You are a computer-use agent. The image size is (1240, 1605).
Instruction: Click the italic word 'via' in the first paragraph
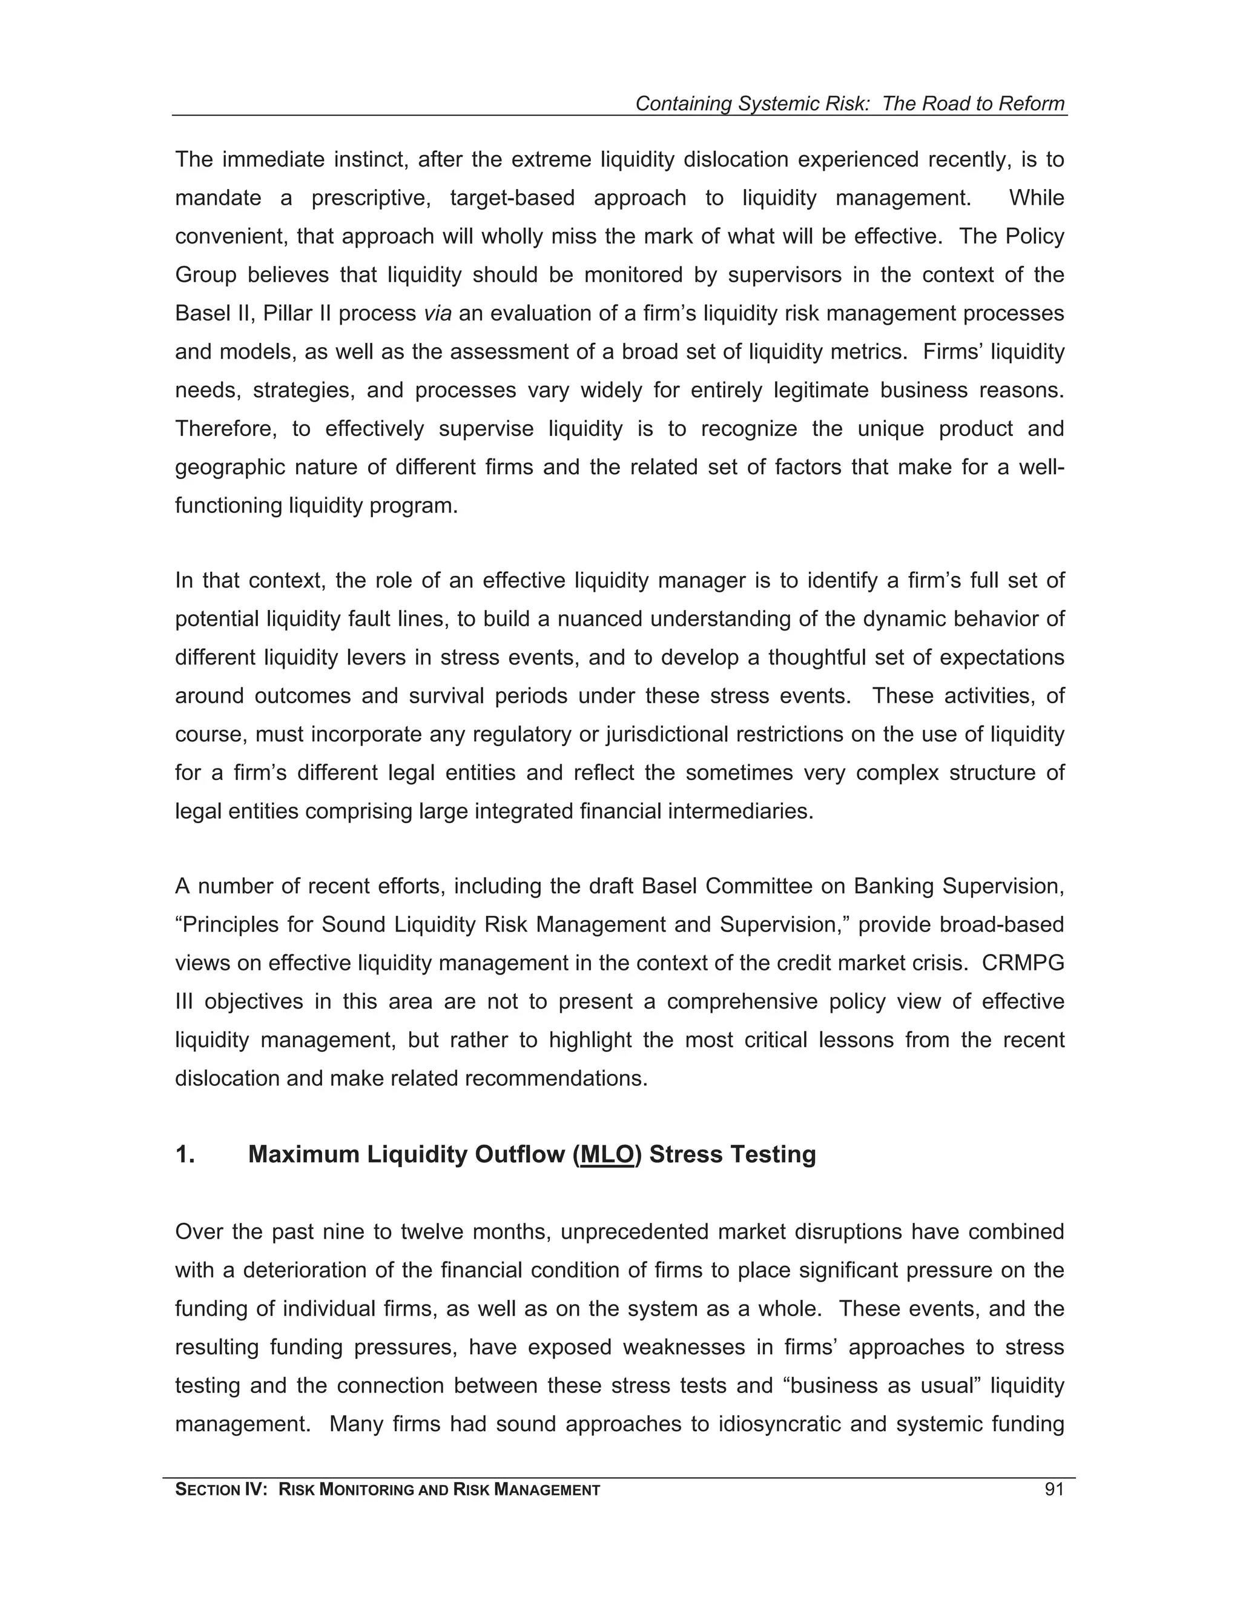point(437,314)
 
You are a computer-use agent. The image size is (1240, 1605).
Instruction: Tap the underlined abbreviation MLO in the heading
point(607,1154)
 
